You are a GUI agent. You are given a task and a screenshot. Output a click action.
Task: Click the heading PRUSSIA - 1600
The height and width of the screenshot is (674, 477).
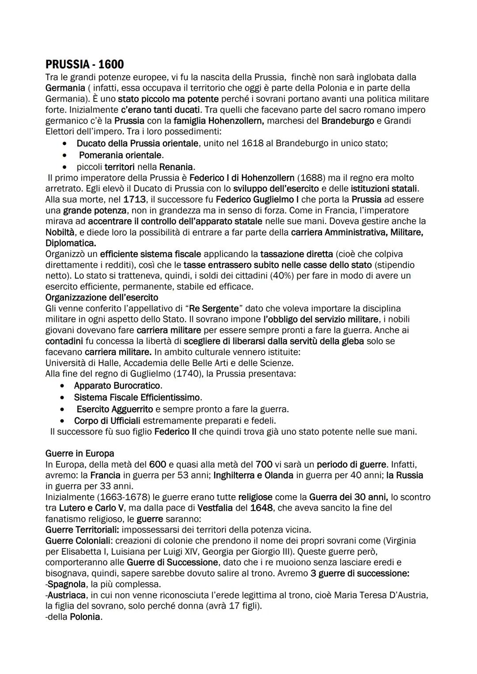(84, 64)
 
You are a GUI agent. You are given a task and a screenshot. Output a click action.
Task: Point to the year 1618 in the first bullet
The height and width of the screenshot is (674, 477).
(253, 144)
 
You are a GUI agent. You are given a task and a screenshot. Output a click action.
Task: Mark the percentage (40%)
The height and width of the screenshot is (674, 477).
(275, 276)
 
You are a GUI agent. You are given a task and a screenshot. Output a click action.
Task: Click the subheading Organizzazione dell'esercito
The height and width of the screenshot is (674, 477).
(102, 297)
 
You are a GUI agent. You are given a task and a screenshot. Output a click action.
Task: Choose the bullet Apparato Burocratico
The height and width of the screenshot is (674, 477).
(118, 386)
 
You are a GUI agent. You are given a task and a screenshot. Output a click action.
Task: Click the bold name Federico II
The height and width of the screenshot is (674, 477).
(175, 432)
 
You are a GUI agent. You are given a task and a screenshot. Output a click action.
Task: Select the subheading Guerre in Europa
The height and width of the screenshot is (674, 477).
(79, 454)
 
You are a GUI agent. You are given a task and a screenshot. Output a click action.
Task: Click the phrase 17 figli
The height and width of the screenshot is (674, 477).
(243, 606)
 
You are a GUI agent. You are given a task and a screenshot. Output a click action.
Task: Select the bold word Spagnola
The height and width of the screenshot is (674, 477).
(67, 584)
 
